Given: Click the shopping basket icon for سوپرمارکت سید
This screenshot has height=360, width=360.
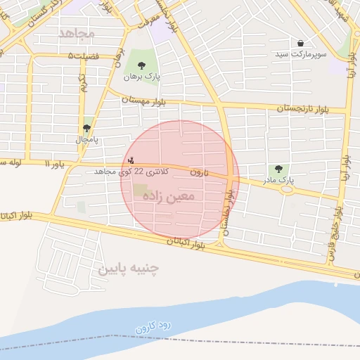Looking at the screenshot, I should click(x=301, y=44).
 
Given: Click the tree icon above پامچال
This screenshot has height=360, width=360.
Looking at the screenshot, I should click(x=86, y=129).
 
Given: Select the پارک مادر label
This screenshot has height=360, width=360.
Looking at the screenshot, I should click(x=279, y=181).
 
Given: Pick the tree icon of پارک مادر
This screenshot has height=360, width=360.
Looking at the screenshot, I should click(x=279, y=169).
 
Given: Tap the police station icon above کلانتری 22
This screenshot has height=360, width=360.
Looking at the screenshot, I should click(x=131, y=160).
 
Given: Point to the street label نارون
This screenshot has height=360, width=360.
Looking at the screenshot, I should click(x=199, y=172).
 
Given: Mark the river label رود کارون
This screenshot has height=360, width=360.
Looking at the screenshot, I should click(x=159, y=320).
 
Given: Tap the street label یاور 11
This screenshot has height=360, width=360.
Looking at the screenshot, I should click(x=53, y=164).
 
